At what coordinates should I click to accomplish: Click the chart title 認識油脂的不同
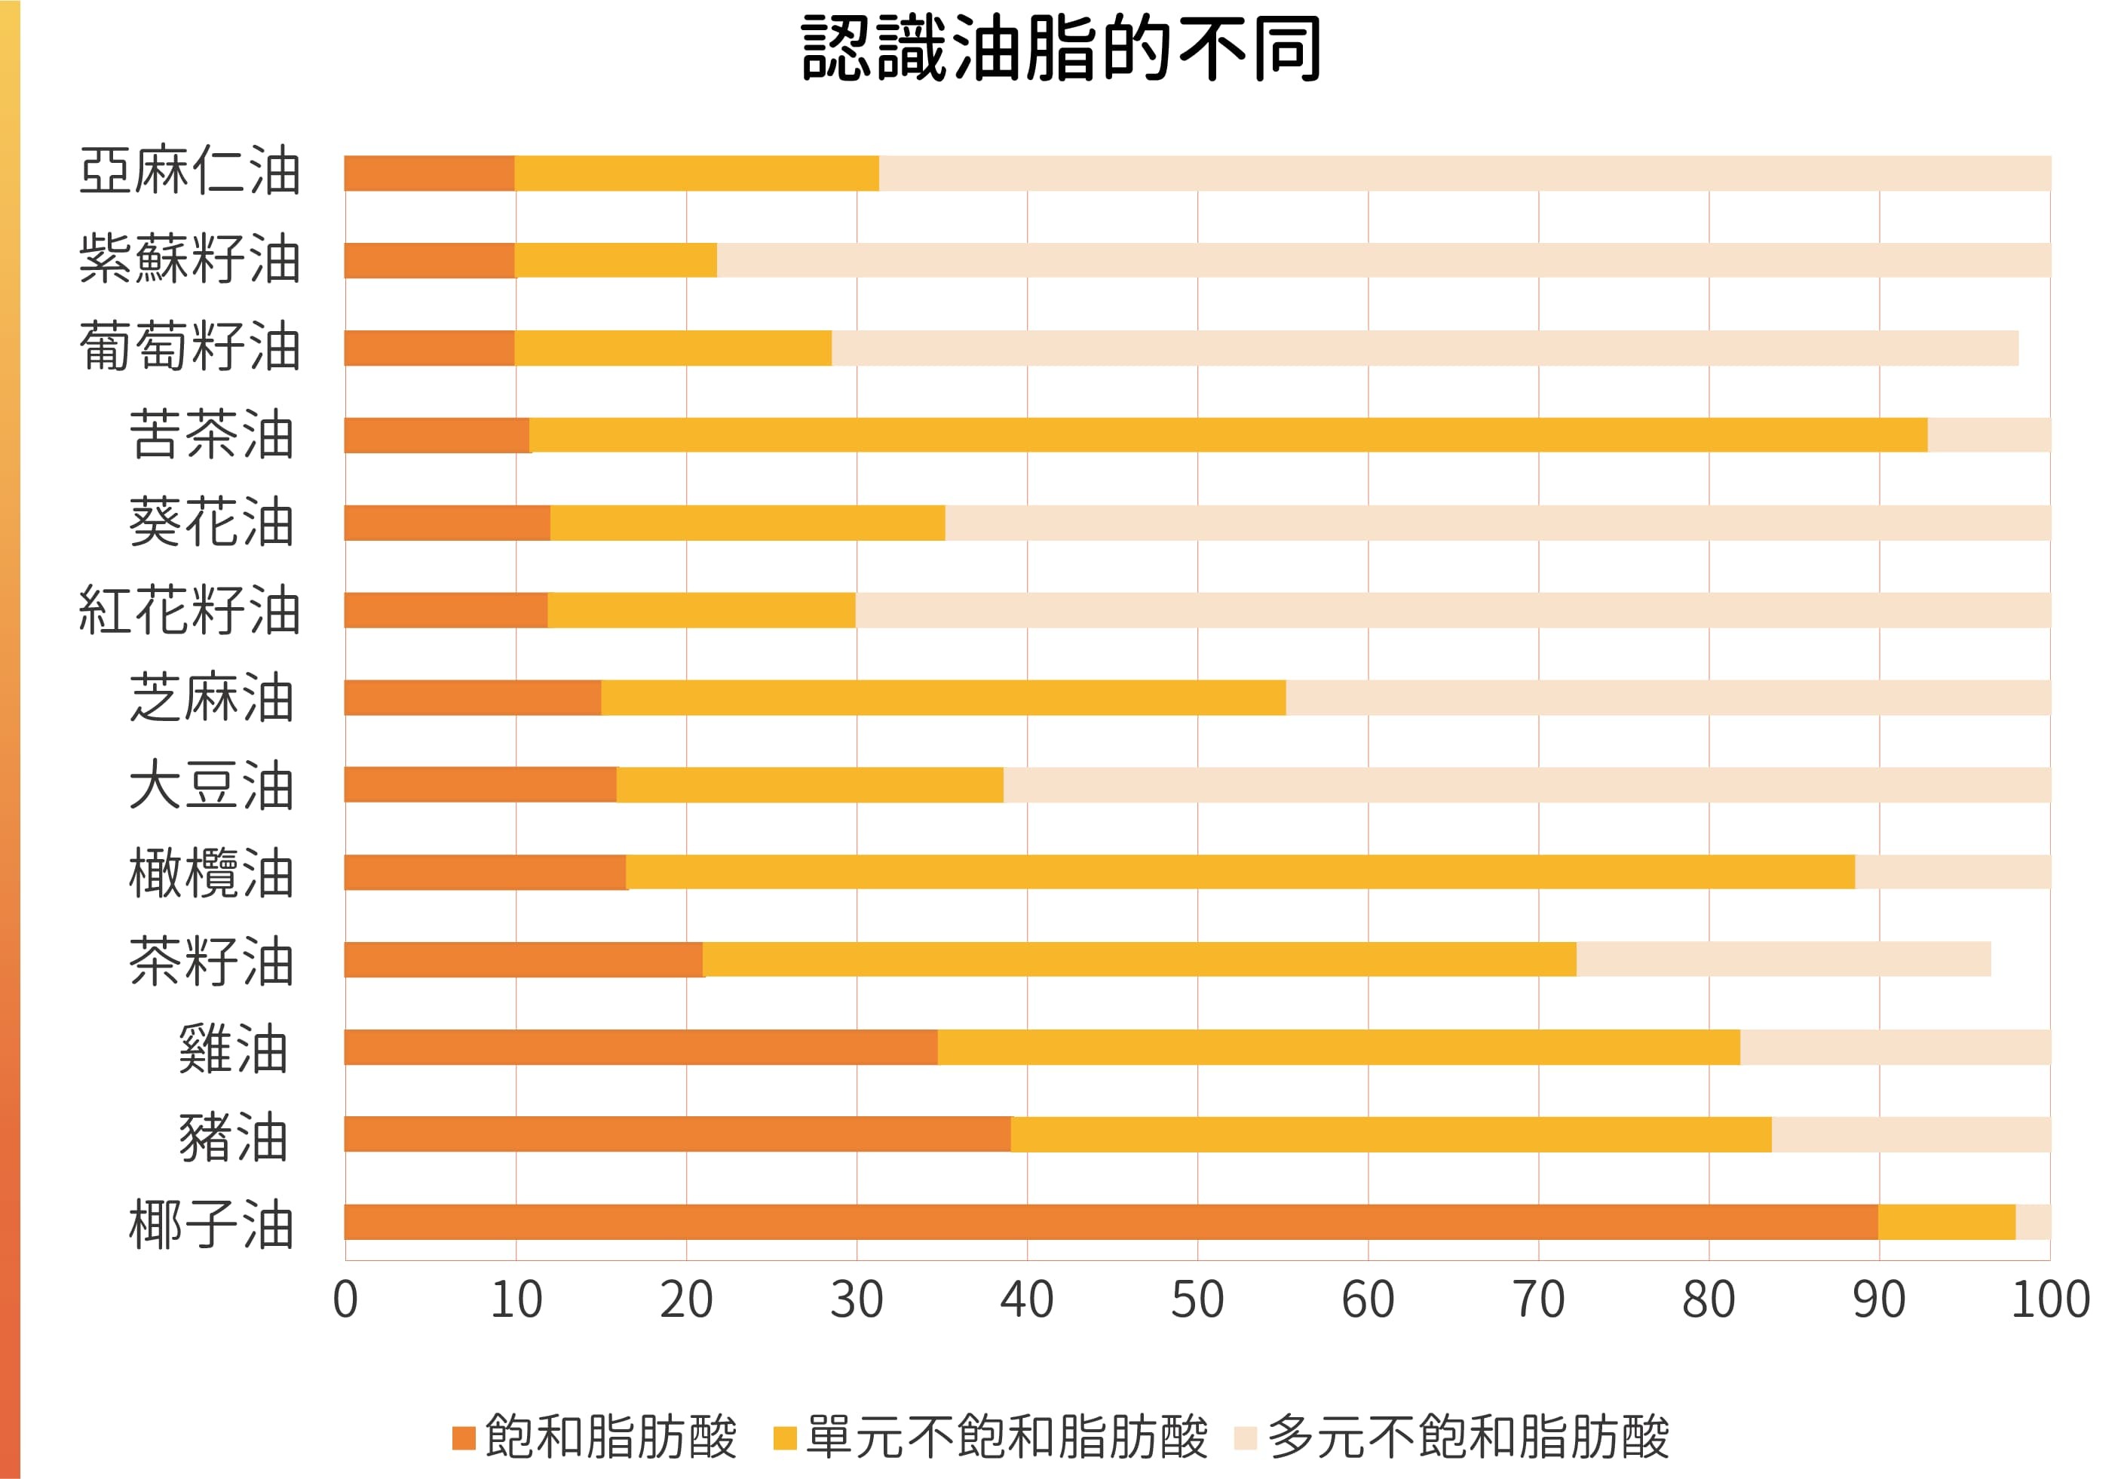pyautogui.click(x=1061, y=48)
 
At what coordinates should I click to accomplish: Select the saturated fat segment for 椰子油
pyautogui.click(x=1110, y=1222)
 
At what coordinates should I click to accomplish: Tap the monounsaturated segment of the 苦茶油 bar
pyautogui.click(x=1228, y=435)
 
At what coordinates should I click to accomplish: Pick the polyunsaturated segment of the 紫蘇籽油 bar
pyautogui.click(x=1383, y=260)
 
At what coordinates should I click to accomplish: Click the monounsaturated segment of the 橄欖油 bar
pyautogui.click(x=1240, y=872)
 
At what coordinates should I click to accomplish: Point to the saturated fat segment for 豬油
pyautogui.click(x=677, y=1134)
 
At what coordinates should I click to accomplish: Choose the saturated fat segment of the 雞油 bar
pyautogui.click(x=640, y=1047)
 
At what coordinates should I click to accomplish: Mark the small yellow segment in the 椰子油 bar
pyautogui.click(x=1946, y=1222)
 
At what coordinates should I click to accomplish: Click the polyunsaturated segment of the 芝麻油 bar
pyautogui.click(x=1667, y=697)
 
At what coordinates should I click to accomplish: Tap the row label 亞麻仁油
pyautogui.click(x=190, y=172)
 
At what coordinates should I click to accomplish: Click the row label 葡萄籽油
pyautogui.click(x=190, y=347)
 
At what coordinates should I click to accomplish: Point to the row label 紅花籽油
pyautogui.click(x=190, y=610)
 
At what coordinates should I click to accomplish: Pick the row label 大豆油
pyautogui.click(x=211, y=785)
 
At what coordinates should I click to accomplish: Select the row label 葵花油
pyautogui.click(x=211, y=522)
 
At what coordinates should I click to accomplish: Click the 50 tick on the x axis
pyautogui.click(x=1197, y=1299)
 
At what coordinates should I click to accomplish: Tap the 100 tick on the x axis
pyautogui.click(x=2050, y=1299)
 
